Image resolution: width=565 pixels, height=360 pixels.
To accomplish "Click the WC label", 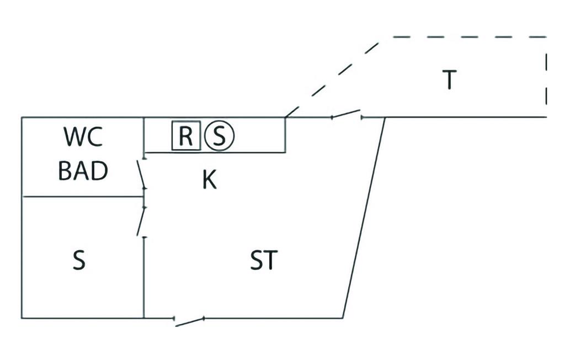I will [83, 137].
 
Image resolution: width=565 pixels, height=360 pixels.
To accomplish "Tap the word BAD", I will [83, 172].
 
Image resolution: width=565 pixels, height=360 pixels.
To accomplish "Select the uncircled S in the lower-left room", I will [79, 261].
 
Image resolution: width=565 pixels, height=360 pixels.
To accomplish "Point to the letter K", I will [209, 180].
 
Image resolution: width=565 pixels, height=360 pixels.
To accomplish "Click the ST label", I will [264, 261].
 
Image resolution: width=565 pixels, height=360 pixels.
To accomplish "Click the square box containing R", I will [186, 136].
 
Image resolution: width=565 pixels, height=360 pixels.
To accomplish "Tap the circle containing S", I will [219, 136].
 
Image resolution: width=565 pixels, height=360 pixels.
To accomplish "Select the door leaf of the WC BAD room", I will [141, 174].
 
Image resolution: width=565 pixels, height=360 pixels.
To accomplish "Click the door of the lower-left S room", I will [141, 221].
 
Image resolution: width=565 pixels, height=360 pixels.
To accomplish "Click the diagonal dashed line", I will [331, 77].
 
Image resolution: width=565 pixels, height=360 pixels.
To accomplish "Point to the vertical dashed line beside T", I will [546, 72].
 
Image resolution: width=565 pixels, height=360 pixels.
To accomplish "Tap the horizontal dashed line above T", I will [469, 37].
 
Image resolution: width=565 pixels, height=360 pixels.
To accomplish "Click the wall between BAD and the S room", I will [83, 196].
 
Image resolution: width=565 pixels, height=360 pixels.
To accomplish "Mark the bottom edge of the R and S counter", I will [215, 152].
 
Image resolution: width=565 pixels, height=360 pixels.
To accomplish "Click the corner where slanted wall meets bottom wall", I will [343, 318].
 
